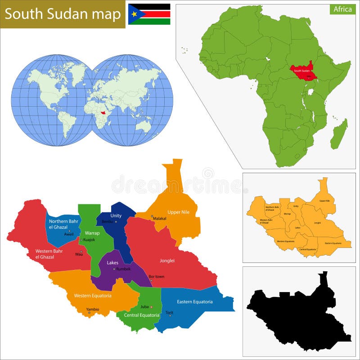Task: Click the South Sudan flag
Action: (x=149, y=14)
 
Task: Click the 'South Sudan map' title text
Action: (x=63, y=14)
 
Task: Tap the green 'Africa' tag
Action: (x=342, y=9)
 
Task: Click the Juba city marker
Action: (x=152, y=307)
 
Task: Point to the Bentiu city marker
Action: (x=116, y=222)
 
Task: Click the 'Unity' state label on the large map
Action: (x=116, y=216)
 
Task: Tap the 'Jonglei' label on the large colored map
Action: (x=166, y=261)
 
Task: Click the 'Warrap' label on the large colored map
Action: (x=92, y=233)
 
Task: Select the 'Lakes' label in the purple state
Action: (x=112, y=262)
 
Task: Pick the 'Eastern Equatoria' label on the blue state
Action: (x=194, y=301)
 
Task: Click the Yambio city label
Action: (x=92, y=309)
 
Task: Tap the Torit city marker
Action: (x=170, y=315)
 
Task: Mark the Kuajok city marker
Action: (x=81, y=240)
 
